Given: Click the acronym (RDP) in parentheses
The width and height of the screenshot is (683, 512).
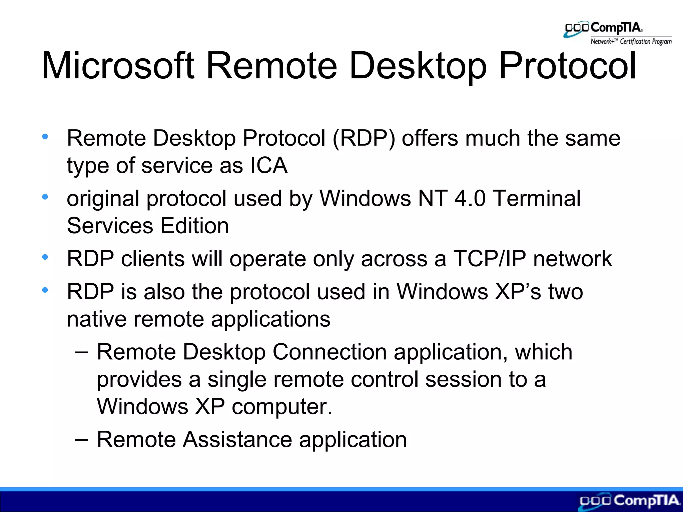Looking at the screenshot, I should tap(364, 138).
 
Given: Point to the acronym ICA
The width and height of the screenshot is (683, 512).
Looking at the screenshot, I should tap(269, 165).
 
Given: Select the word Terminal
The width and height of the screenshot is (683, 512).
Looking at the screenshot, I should tap(537, 198).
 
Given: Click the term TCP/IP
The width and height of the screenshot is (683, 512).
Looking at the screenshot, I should tap(489, 259).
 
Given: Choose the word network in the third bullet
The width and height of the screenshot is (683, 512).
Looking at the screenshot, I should tap(572, 259).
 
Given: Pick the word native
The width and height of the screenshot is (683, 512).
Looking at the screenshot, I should tap(97, 319).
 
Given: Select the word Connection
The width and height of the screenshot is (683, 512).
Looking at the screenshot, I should tap(329, 352).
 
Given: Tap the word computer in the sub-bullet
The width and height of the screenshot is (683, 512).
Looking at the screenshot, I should tap(282, 407).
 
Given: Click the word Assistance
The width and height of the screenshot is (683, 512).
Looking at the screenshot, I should tap(237, 439).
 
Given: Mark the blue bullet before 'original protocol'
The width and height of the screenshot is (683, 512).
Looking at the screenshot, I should tap(45, 197).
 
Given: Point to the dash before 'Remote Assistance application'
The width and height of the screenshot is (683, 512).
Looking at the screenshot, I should tap(81, 439).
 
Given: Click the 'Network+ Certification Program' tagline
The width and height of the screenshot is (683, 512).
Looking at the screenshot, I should tap(631, 42).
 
